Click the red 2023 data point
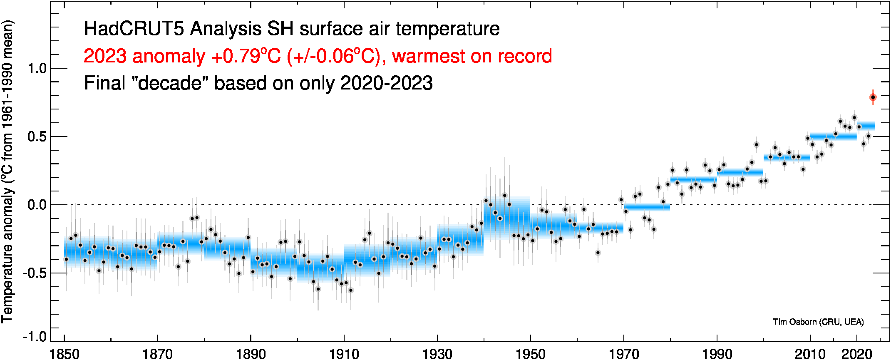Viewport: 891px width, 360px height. click(x=873, y=97)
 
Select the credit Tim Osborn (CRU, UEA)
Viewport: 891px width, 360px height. click(x=818, y=322)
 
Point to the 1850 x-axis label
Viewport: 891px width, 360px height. click(x=65, y=354)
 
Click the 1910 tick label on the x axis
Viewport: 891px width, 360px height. click(x=344, y=354)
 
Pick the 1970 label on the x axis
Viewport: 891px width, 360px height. click(x=623, y=354)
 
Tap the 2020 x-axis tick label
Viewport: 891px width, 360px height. click(x=856, y=354)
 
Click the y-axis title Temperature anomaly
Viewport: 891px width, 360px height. click(x=7, y=254)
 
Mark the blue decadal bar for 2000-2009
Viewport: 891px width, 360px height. click(x=787, y=157)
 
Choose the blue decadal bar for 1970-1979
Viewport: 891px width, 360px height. click(x=647, y=207)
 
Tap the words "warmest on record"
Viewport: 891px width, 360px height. click(x=472, y=57)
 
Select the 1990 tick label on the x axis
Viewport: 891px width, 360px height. click(x=717, y=354)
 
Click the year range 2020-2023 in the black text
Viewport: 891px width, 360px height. click(x=386, y=83)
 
